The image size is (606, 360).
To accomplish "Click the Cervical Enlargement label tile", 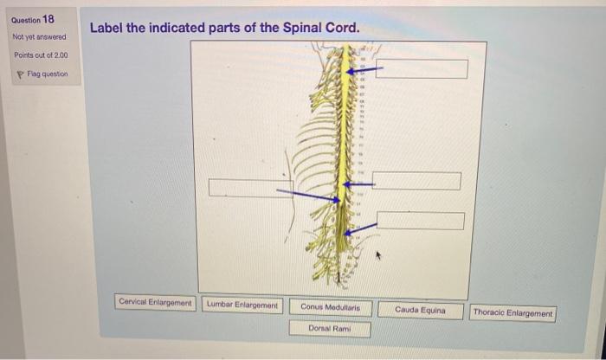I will point(156,303).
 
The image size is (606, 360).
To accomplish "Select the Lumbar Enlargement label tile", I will point(242,305).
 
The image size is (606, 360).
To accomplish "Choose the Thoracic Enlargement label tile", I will point(513,313).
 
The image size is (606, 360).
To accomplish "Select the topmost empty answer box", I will point(421,68).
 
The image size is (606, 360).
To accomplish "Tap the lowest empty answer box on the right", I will point(421,220).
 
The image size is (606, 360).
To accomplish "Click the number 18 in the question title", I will point(48,18).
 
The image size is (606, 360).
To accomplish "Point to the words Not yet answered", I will point(39,37).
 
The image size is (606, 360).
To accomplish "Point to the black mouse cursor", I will point(378,256).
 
